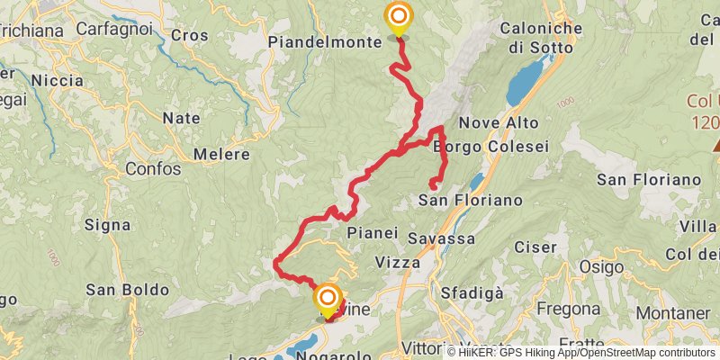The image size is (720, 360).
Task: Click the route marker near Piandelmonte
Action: coord(397,17)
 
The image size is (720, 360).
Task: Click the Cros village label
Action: coord(189,35)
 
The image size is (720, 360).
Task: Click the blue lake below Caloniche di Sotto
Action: coord(525,84)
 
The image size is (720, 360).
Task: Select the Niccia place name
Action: coord(57,80)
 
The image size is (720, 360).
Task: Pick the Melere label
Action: coord(220,155)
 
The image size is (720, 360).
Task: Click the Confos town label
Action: coord(152,168)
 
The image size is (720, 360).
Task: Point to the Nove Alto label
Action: coord(499,122)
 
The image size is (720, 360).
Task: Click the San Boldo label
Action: coord(127,290)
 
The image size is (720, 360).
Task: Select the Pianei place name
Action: coord(372,232)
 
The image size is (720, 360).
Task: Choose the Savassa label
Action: coord(441,238)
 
